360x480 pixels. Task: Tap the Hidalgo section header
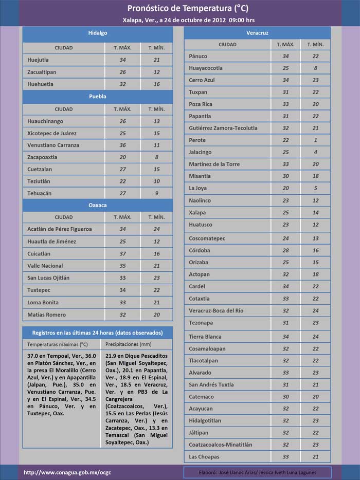point(98,33)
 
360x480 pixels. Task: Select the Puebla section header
point(98,96)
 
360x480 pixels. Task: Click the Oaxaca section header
point(98,205)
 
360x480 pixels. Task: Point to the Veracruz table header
point(257,33)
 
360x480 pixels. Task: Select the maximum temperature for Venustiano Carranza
point(122,145)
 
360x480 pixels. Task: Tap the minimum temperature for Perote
point(315,140)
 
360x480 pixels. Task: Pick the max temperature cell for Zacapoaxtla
point(122,157)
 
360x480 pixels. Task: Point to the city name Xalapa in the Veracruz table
point(197,212)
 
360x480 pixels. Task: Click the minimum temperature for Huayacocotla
point(315,68)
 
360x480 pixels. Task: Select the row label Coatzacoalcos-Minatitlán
point(221,445)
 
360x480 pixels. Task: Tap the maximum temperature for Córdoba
point(285,250)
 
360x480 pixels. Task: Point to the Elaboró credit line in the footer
point(257,472)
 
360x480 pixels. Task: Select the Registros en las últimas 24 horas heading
point(98,332)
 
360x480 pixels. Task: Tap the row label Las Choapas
point(204,456)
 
